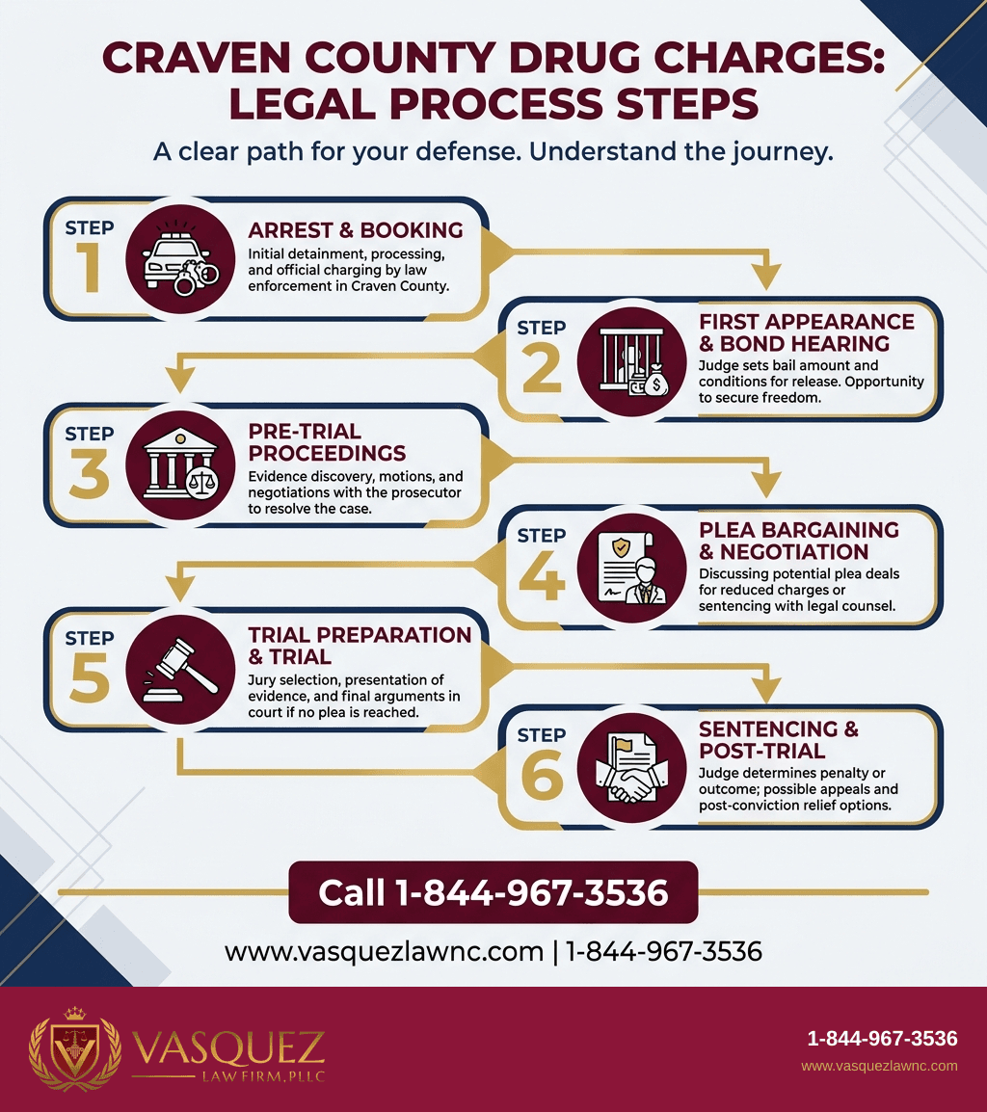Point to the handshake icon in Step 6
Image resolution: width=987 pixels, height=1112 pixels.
click(631, 769)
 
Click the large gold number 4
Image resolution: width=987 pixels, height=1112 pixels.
click(542, 575)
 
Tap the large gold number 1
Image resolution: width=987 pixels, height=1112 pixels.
click(89, 267)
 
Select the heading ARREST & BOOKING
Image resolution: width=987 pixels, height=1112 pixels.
click(355, 229)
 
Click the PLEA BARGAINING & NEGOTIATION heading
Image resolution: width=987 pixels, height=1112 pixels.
click(798, 541)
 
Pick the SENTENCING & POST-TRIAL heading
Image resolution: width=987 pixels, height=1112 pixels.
click(779, 740)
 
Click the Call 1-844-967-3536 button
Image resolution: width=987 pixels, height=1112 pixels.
click(493, 892)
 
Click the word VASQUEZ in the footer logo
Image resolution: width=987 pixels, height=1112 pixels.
click(228, 1047)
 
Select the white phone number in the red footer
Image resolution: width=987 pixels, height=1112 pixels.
click(882, 1039)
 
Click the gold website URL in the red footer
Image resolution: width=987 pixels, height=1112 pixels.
click(879, 1066)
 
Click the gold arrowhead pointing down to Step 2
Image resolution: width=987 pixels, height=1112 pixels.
click(766, 277)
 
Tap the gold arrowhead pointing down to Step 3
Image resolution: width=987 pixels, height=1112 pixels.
click(179, 380)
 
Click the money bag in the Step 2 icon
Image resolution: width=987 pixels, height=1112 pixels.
click(655, 382)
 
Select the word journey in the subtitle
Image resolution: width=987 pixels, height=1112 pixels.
click(786, 151)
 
